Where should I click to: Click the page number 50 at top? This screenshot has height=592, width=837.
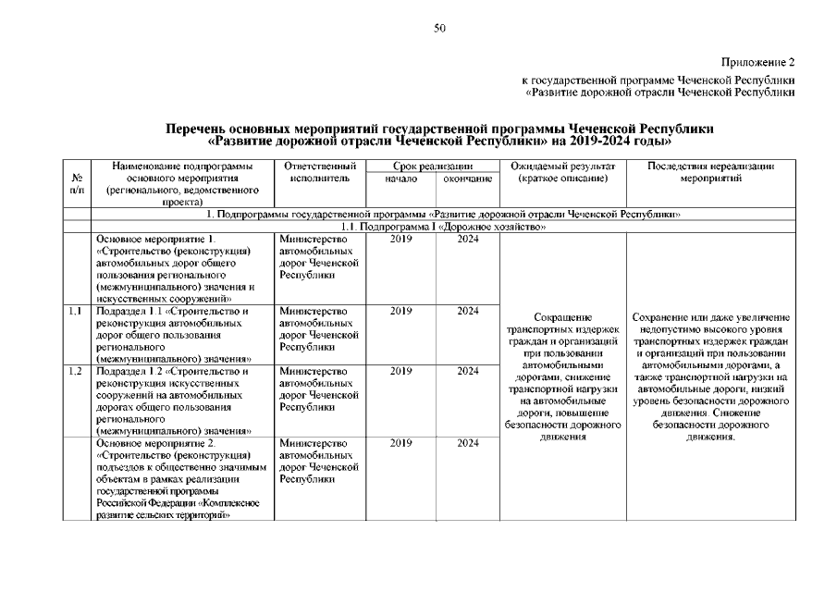(440, 28)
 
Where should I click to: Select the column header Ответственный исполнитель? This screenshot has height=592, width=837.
(318, 171)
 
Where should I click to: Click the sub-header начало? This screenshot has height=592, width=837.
(400, 178)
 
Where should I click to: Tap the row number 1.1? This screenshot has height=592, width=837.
(76, 312)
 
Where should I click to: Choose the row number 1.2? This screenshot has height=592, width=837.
(76, 372)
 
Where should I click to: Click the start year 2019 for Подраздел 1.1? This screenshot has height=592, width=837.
(400, 312)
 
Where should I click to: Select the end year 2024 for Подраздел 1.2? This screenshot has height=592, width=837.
(466, 372)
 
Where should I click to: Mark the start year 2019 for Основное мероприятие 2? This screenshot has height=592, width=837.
(400, 444)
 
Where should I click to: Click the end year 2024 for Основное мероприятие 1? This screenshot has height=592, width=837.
(466, 239)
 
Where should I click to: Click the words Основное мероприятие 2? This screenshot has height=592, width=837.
(154, 444)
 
